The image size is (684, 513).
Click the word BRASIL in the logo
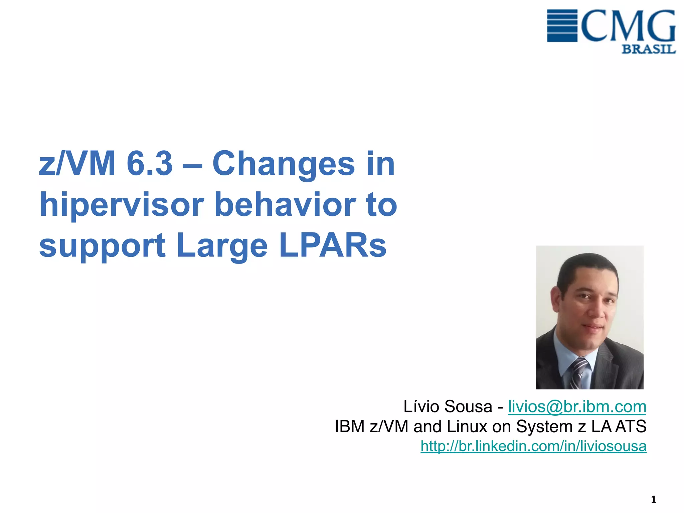tap(648, 49)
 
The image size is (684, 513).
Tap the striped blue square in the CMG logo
tap(562, 26)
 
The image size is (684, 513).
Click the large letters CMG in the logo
tap(628, 25)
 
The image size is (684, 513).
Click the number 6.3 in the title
tap(150, 163)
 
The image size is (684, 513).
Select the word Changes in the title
tap(284, 164)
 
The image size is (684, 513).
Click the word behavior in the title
tap(286, 204)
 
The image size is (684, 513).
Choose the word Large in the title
tap(222, 246)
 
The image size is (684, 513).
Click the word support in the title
tap(102, 246)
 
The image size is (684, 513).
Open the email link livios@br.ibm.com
tap(577, 406)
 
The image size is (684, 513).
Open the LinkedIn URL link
tap(533, 446)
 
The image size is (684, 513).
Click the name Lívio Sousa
tap(448, 406)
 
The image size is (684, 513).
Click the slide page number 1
tap(653, 500)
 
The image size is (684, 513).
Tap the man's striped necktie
tap(579, 372)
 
